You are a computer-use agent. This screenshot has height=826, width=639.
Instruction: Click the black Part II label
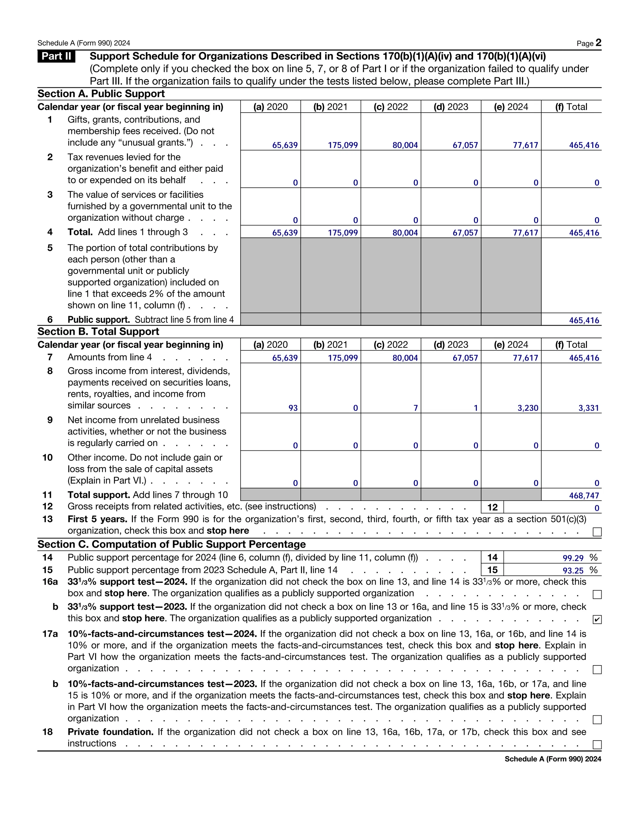(x=56, y=56)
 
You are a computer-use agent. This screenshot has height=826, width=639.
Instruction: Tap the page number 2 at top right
(x=598, y=42)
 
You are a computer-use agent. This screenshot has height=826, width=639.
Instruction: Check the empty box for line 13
(x=597, y=532)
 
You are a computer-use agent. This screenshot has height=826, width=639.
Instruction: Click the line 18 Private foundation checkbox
(x=597, y=745)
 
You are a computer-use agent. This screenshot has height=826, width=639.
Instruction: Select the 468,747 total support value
(x=584, y=496)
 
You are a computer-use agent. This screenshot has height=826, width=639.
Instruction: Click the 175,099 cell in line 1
(x=343, y=145)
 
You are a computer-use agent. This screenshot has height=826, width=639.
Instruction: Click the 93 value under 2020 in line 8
(x=293, y=408)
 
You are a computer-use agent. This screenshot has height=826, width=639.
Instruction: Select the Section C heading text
(x=172, y=544)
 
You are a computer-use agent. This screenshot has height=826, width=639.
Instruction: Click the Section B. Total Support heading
(x=98, y=331)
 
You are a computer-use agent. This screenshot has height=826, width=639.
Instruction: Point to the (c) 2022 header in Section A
(x=391, y=107)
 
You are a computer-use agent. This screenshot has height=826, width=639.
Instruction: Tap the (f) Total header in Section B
(x=571, y=344)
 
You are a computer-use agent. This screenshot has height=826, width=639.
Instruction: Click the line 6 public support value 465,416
(x=584, y=320)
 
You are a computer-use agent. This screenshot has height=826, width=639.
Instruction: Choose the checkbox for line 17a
(x=597, y=670)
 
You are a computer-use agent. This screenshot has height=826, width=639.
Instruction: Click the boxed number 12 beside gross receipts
(x=492, y=507)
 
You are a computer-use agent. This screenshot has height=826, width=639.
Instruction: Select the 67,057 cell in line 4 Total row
(x=465, y=233)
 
